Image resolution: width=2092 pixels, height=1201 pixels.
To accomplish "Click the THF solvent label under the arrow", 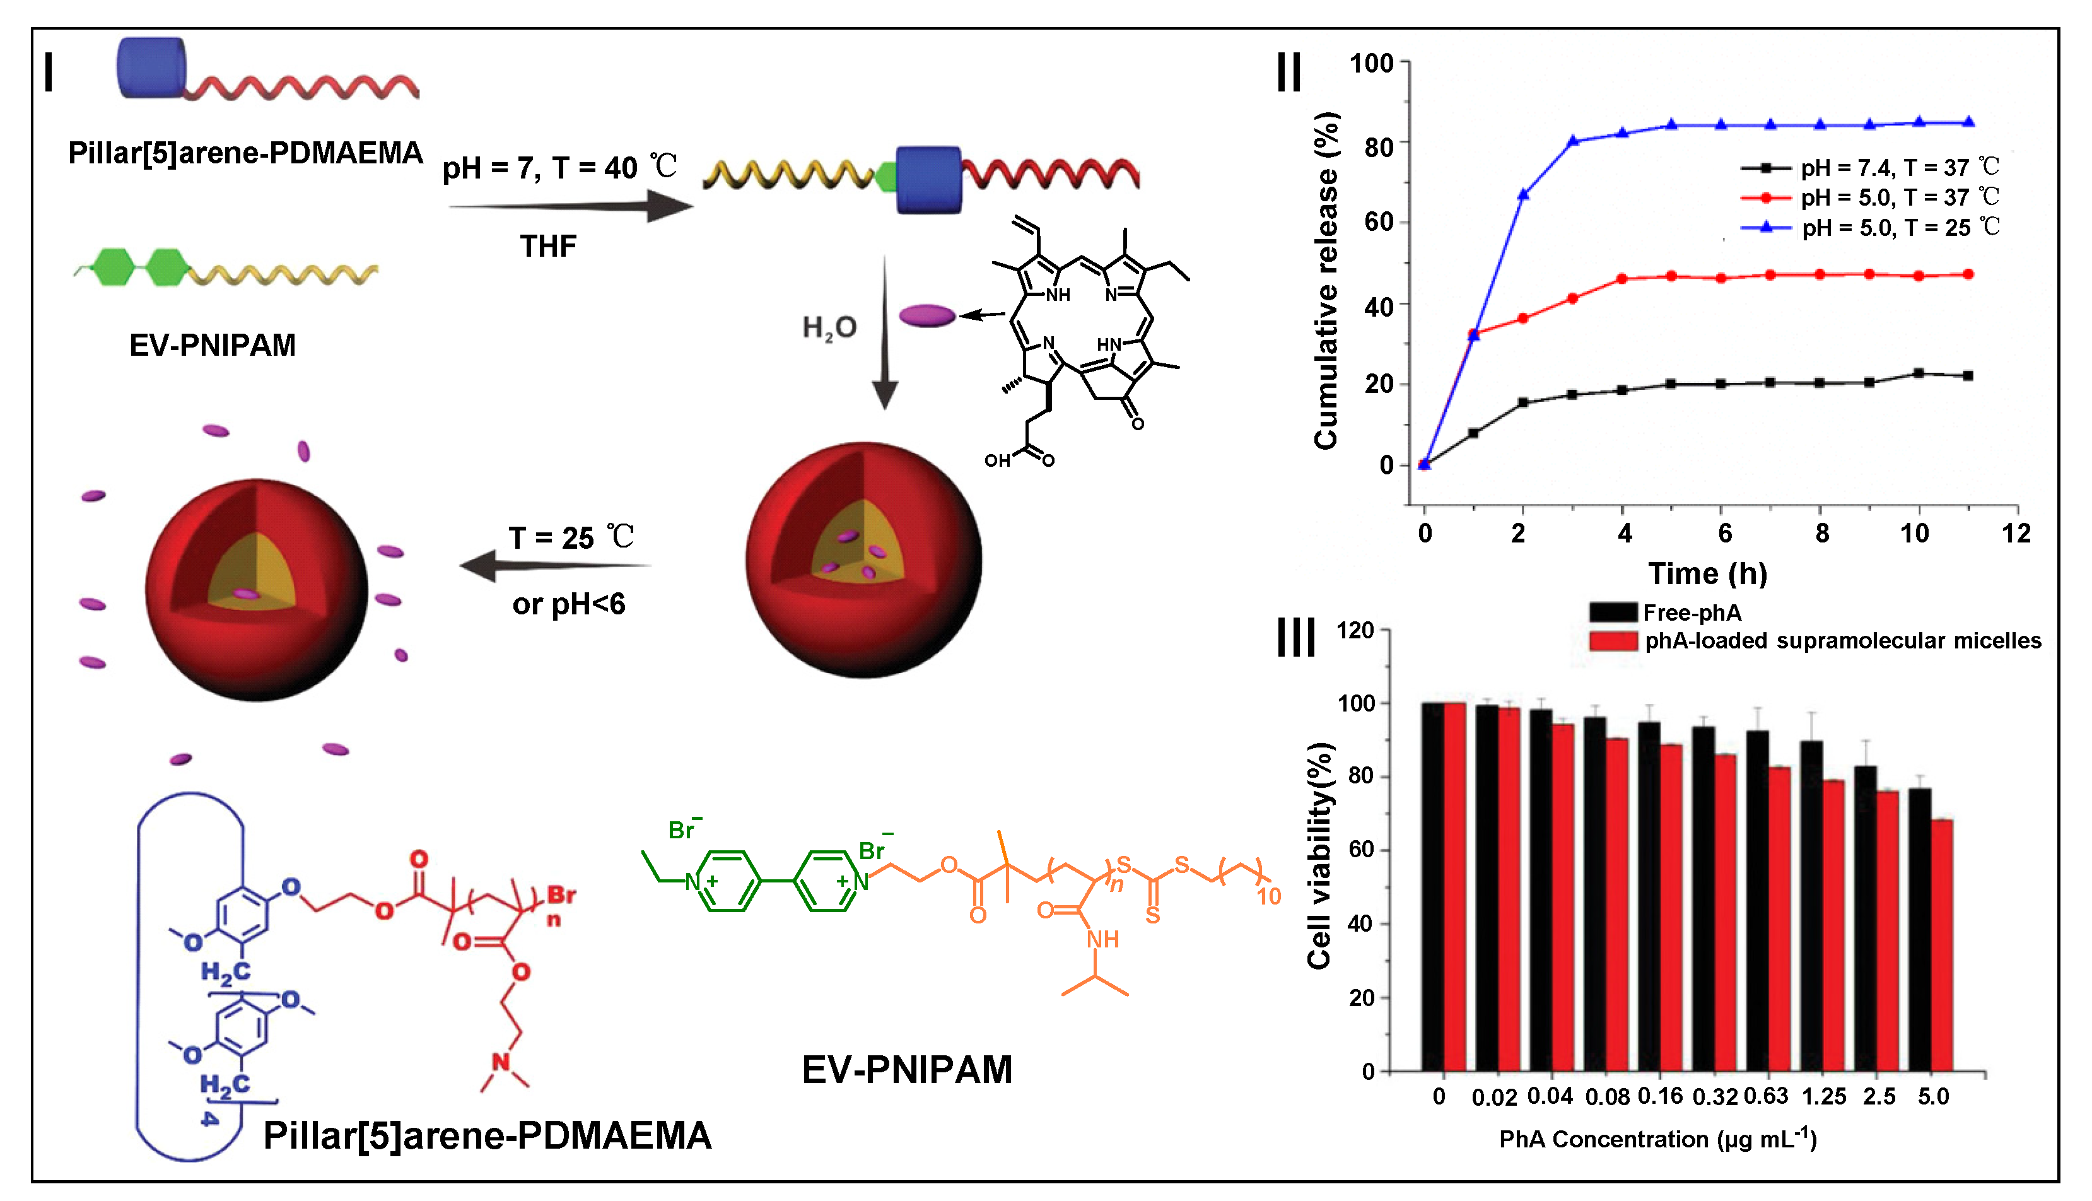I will (547, 246).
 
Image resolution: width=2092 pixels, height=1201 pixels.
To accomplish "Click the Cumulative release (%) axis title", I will (1326, 281).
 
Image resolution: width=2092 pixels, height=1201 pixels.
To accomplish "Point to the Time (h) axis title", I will (1707, 573).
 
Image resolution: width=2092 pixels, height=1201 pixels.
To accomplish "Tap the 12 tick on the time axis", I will (2015, 534).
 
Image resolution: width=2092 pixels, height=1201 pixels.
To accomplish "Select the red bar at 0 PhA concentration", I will (1454, 887).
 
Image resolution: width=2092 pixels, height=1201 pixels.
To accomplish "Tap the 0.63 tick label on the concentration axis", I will (1767, 1096).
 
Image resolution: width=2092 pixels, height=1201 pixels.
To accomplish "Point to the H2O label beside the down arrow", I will (829, 328).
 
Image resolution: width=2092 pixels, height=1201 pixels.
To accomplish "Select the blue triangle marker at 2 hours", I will (1523, 195).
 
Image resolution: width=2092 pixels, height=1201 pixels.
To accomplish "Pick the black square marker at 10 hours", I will (1918, 373).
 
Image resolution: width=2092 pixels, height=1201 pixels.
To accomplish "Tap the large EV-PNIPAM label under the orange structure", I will (906, 1070).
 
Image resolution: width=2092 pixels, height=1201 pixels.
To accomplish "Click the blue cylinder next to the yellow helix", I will (928, 180).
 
